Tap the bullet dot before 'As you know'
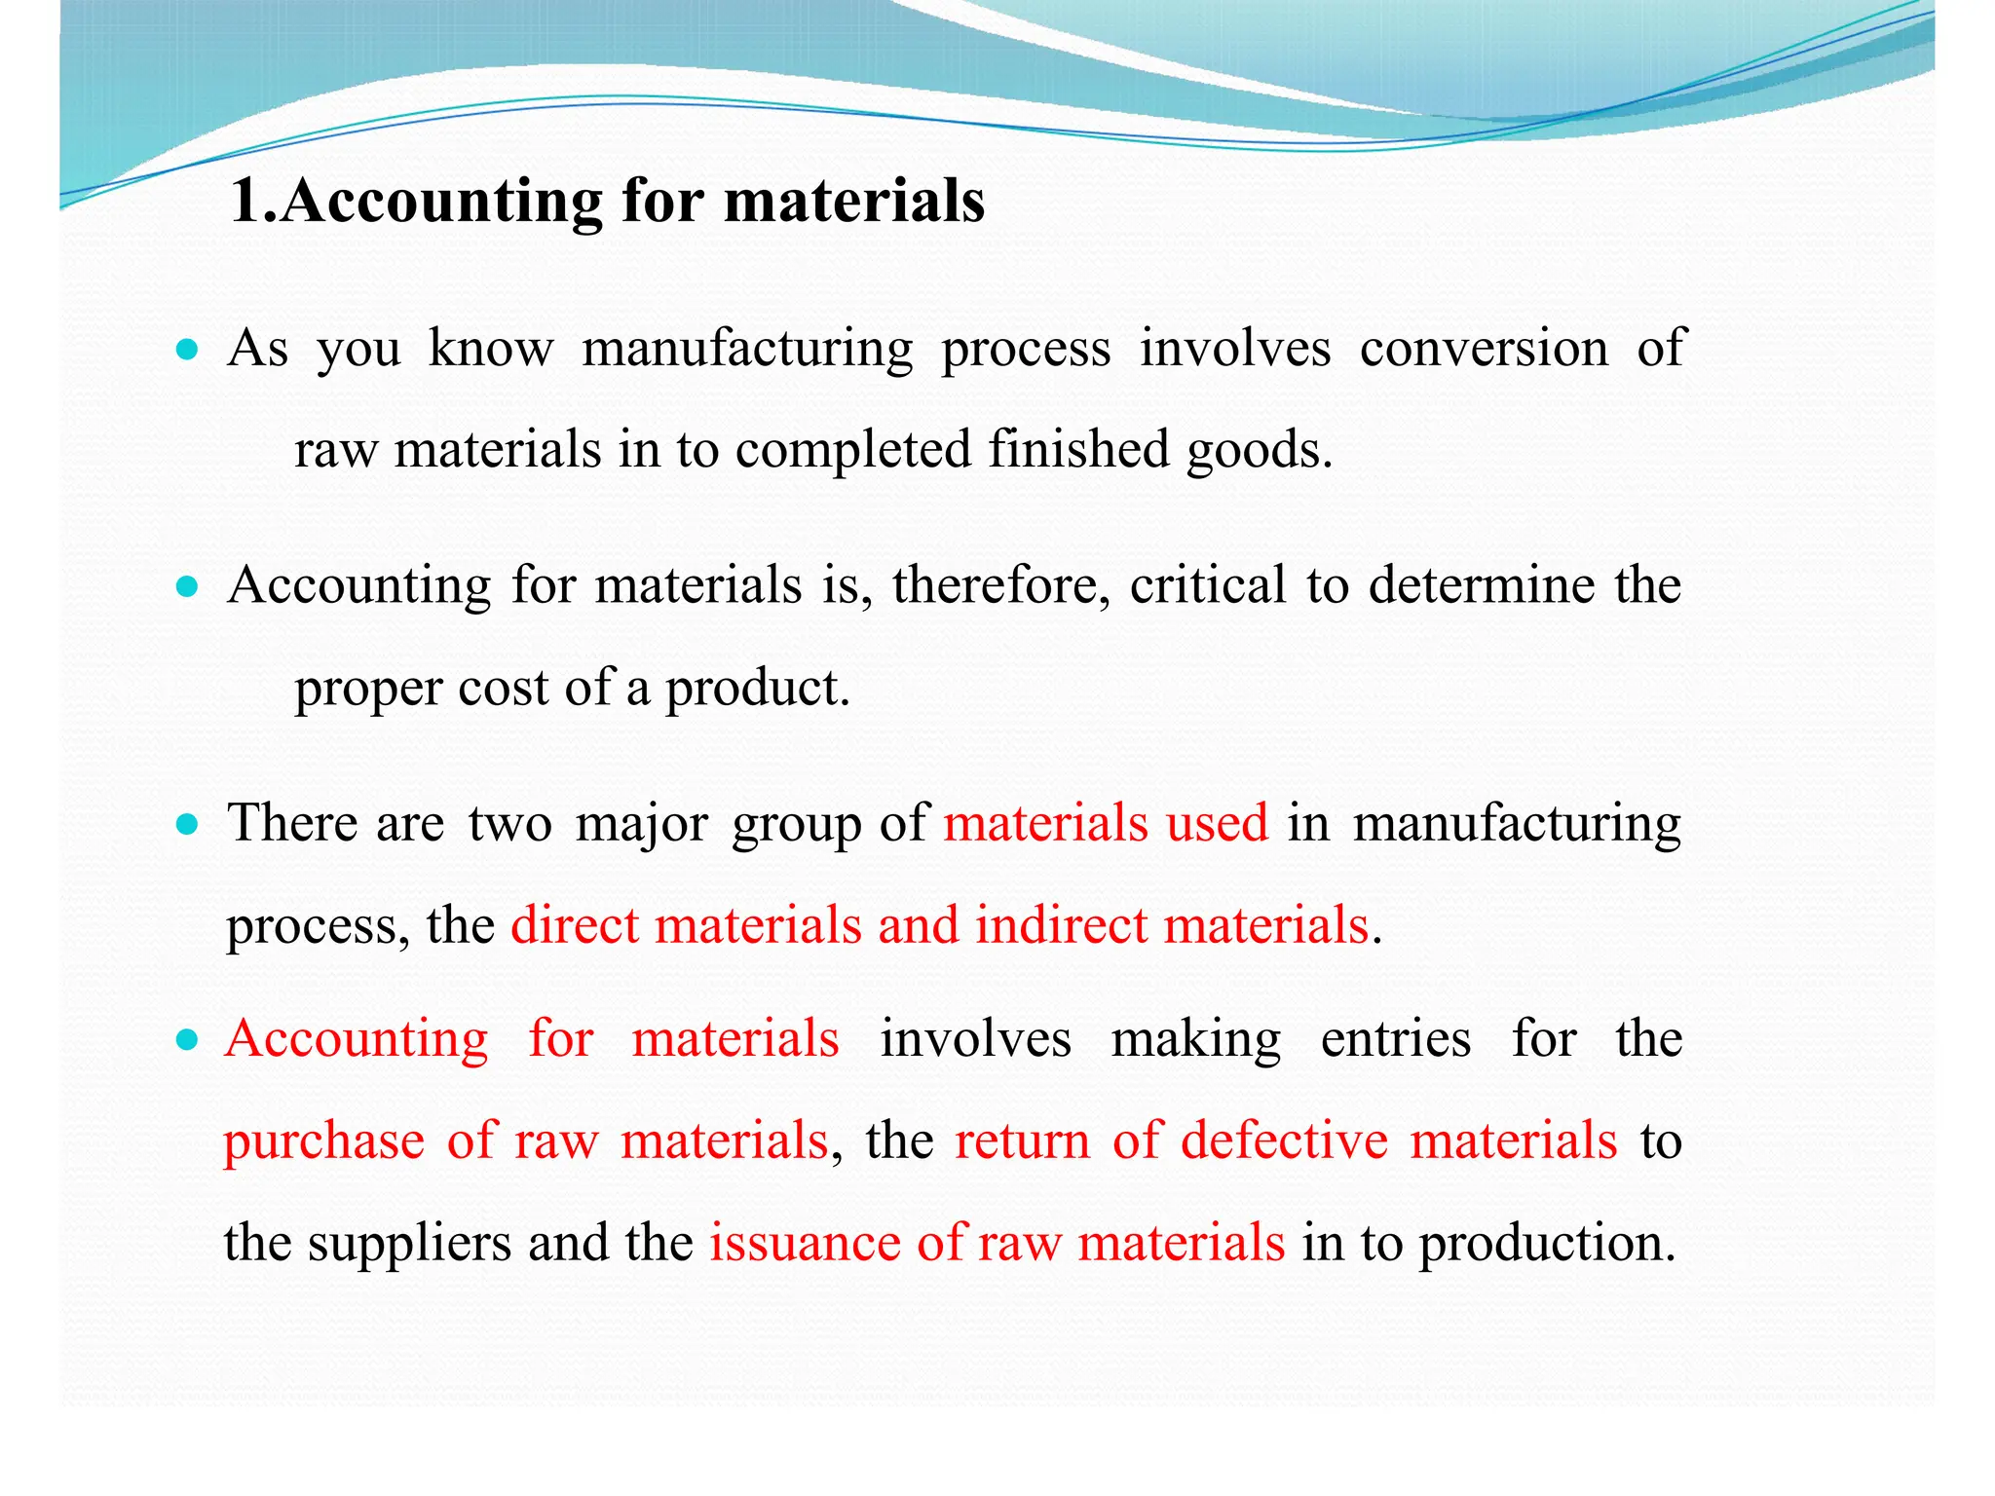188,350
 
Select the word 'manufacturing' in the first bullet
747,350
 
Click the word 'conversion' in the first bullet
1484,348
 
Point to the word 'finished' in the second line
1078,450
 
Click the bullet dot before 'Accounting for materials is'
188,587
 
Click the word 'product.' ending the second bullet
758,689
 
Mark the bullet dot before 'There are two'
188,826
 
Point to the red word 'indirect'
1062,925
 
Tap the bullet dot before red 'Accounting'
188,1041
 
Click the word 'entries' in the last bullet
1395,1039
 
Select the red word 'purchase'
323,1141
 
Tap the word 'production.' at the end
1547,1244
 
